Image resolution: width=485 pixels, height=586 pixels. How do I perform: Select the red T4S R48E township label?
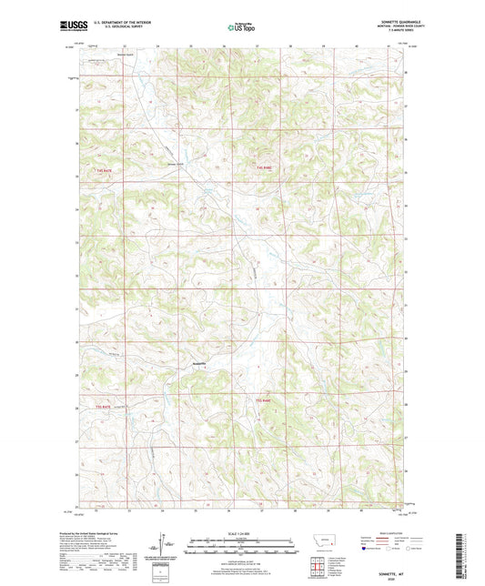click(265, 169)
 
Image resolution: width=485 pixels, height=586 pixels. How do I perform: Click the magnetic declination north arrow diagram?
click(165, 542)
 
